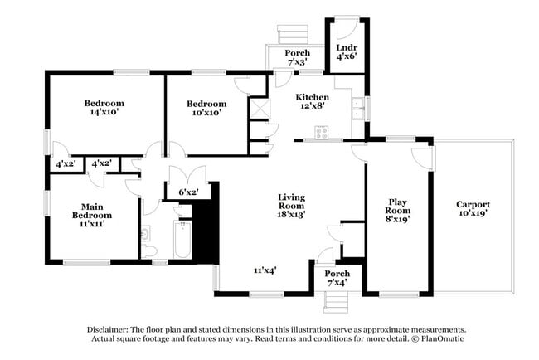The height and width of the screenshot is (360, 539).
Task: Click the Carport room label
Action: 473,208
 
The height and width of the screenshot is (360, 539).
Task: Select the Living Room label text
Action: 291,205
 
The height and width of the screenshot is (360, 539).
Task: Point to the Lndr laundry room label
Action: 345,52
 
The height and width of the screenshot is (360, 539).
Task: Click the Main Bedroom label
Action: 92,215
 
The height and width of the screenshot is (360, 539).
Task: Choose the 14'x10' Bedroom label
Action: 104,108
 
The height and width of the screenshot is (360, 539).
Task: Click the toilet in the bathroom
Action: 149,248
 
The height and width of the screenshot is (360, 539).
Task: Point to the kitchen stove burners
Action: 321,133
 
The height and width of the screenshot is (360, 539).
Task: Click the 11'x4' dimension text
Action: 265,270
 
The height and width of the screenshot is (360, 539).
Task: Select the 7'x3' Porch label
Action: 298,57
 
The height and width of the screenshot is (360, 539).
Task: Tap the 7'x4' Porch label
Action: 337,279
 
